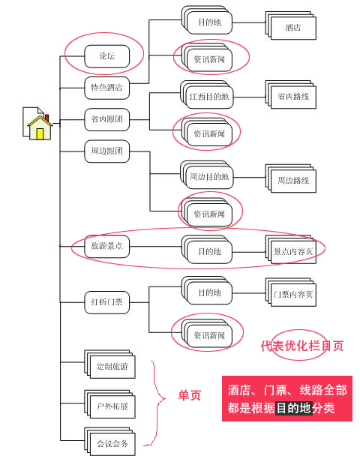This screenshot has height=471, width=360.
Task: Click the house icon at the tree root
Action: (x=38, y=124)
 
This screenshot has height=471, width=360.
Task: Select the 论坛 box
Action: (x=106, y=55)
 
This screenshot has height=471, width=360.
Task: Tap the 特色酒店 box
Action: (x=106, y=88)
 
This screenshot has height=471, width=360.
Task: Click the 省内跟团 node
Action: (x=106, y=118)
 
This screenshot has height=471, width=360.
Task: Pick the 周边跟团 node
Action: (x=106, y=151)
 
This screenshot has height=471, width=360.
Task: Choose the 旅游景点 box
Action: (x=106, y=245)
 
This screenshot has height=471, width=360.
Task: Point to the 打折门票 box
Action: (x=106, y=302)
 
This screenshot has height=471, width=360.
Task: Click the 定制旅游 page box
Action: (x=112, y=367)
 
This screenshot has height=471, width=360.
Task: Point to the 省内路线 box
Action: (x=293, y=97)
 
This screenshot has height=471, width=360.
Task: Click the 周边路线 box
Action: (x=293, y=181)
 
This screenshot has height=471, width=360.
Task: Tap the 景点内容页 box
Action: (x=293, y=251)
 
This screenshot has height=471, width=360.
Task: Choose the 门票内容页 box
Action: (x=293, y=294)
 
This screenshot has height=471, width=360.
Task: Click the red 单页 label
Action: (x=189, y=395)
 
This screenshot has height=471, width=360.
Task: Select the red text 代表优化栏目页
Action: (x=302, y=346)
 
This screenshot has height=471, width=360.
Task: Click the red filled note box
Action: (x=286, y=399)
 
